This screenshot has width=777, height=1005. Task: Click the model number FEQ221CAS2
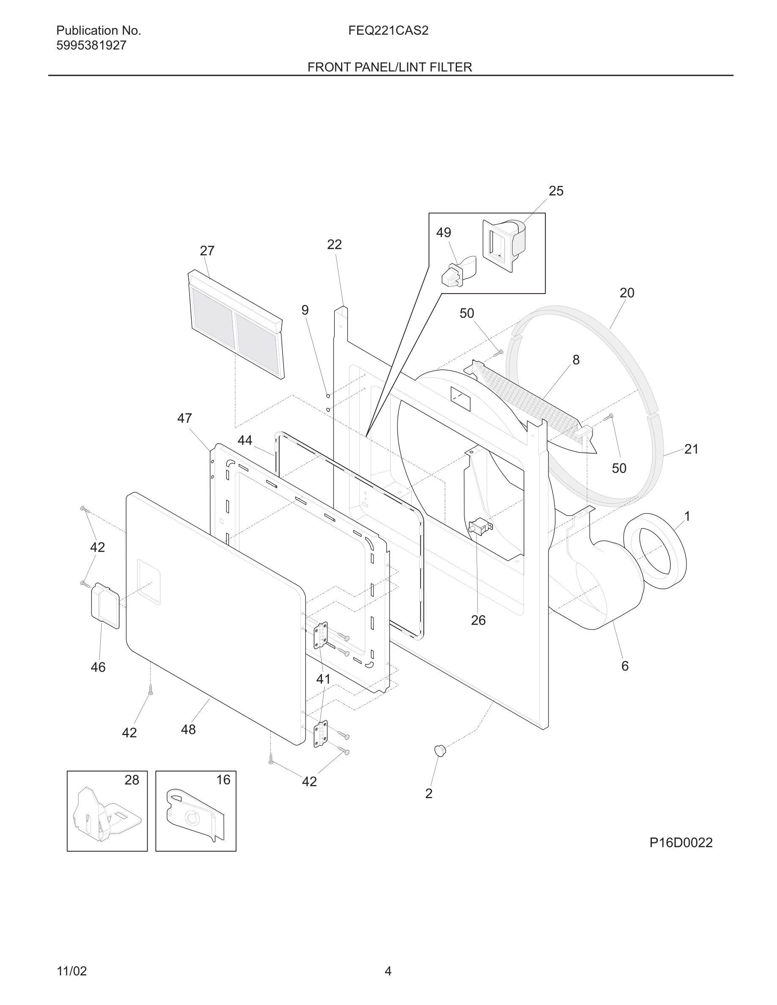(x=388, y=31)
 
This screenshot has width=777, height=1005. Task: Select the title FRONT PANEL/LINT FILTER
(x=389, y=67)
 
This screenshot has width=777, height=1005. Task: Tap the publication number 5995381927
(x=91, y=46)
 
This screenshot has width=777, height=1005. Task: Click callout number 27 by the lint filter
(x=207, y=251)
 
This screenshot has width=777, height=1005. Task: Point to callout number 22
(x=334, y=245)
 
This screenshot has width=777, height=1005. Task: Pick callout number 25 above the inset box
(x=556, y=191)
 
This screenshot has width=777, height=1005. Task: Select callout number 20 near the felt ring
(x=627, y=293)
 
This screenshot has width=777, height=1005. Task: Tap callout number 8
(x=576, y=360)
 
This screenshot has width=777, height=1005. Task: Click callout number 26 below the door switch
(x=478, y=621)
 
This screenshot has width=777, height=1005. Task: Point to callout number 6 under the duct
(x=625, y=666)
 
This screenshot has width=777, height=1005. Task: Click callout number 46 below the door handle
(x=98, y=667)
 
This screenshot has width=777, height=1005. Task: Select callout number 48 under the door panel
(x=188, y=729)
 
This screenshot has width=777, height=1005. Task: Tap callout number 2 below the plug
(x=429, y=794)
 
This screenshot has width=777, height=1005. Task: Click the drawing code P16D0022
(x=681, y=843)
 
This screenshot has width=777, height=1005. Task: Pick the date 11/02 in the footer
(x=72, y=971)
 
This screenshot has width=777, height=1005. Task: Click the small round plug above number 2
(x=440, y=750)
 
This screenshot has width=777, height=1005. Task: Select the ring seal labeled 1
(x=655, y=551)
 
